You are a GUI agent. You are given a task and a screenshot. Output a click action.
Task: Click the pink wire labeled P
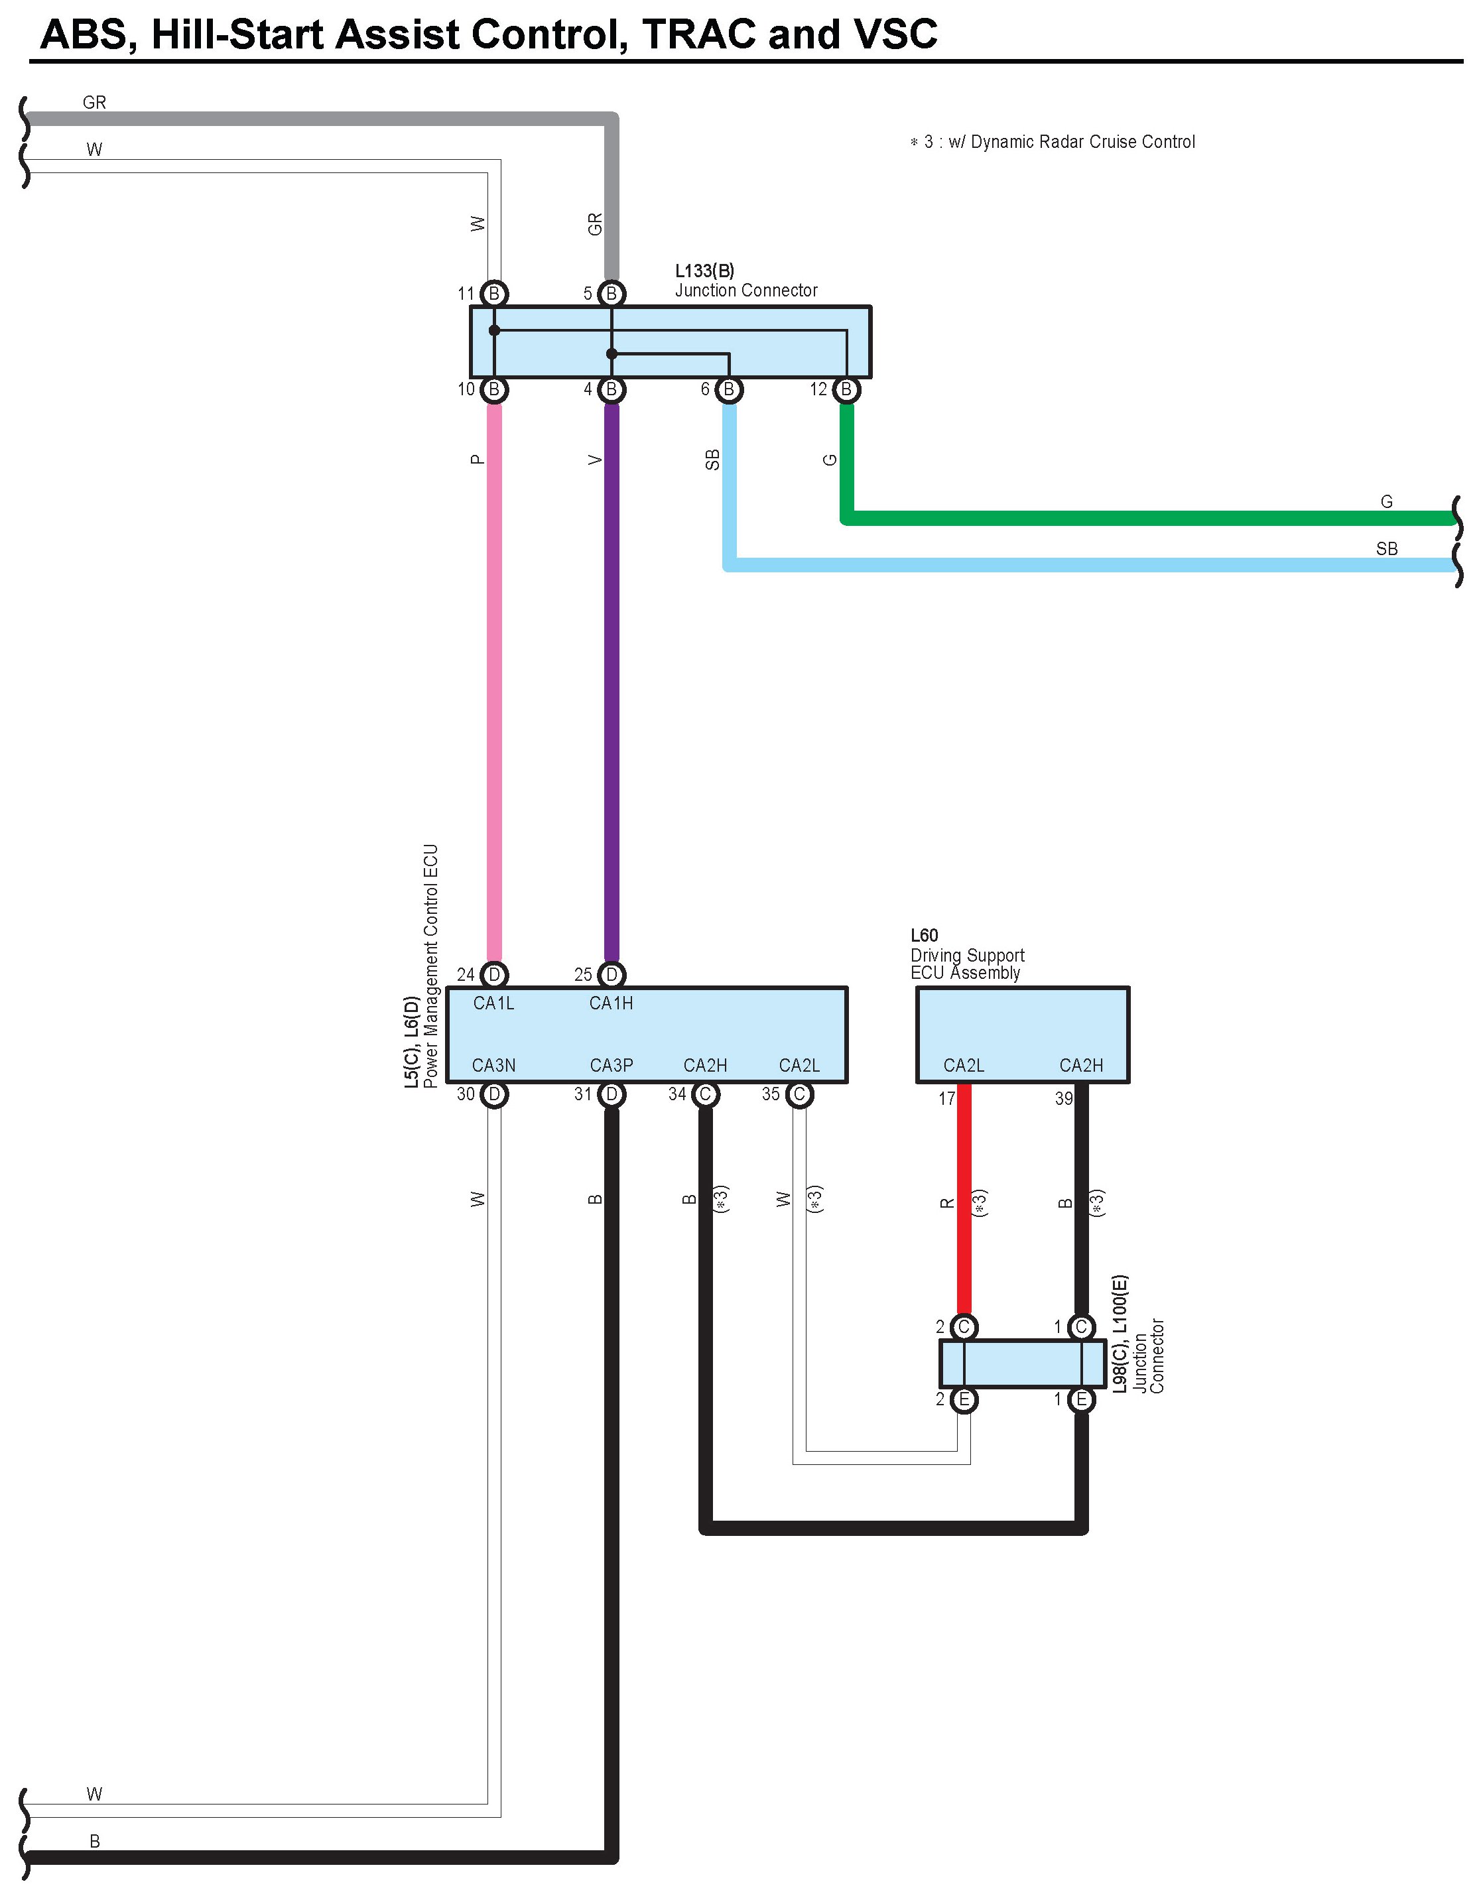[x=494, y=678]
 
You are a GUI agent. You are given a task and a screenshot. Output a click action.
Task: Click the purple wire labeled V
[x=612, y=678]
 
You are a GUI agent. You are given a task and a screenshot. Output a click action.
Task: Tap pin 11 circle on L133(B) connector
[x=494, y=294]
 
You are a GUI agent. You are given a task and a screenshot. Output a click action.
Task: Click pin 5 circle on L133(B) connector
[x=612, y=294]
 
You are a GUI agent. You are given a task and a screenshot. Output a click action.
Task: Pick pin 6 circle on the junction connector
[x=729, y=390]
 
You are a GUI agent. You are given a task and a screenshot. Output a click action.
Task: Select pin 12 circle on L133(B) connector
[x=847, y=390]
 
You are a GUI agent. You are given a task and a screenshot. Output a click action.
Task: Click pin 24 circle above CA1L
[x=494, y=974]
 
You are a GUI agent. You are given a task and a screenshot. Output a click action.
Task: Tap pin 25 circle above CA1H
[x=612, y=974]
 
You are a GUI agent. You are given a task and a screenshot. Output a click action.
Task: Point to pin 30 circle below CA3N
[x=494, y=1094]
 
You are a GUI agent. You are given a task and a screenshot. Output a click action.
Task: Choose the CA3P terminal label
[x=611, y=1066]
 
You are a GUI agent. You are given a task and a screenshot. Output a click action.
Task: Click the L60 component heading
[x=924, y=935]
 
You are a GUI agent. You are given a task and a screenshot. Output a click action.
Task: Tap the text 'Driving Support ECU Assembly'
[x=967, y=964]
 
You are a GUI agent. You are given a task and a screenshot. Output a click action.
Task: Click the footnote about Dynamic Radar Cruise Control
[x=1053, y=142]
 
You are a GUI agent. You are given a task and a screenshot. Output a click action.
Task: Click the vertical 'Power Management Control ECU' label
[x=430, y=966]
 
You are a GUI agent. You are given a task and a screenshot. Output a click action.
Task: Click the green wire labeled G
[x=1131, y=519]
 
